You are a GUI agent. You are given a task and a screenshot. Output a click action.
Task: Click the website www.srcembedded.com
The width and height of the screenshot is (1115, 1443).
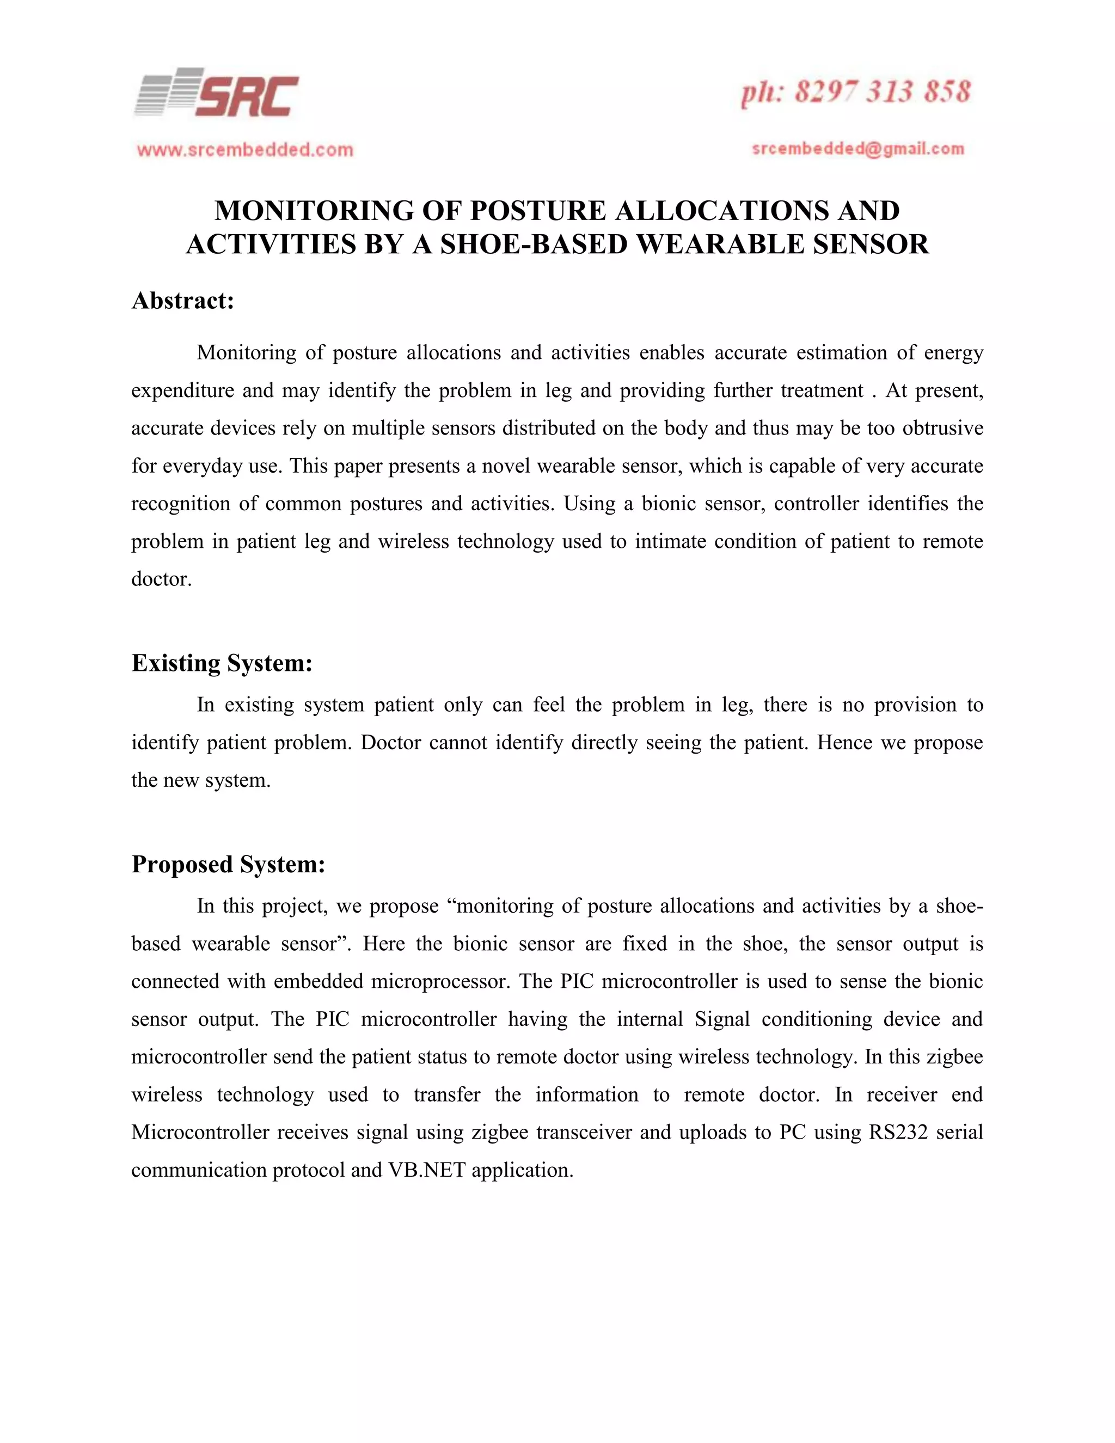245,150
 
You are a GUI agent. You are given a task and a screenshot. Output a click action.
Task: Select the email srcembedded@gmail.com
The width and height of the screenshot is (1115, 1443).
858,149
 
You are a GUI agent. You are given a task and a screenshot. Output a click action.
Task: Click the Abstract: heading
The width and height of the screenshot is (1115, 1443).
183,301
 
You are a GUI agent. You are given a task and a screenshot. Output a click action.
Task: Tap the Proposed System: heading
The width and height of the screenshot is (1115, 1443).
228,864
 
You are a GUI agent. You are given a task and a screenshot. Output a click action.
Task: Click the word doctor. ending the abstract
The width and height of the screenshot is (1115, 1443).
161,579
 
